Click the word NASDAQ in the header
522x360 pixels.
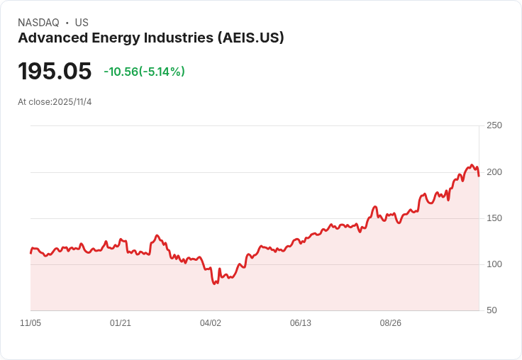(38, 23)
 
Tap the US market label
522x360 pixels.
(82, 23)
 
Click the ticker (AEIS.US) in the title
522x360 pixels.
(247, 38)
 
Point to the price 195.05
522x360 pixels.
(55, 72)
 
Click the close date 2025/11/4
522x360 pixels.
(72, 102)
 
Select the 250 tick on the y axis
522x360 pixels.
(494, 125)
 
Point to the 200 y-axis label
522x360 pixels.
(494, 172)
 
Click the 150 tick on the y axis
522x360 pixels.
(494, 218)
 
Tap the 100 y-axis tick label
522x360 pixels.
(494, 264)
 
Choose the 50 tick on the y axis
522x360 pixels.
(491, 310)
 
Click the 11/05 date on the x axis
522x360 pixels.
(30, 323)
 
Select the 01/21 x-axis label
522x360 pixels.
(121, 323)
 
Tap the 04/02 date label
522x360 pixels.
(211, 323)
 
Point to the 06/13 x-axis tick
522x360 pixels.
(301, 323)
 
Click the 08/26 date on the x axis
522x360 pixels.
(391, 323)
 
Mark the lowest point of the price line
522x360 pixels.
(214, 284)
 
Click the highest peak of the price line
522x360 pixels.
(472, 165)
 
